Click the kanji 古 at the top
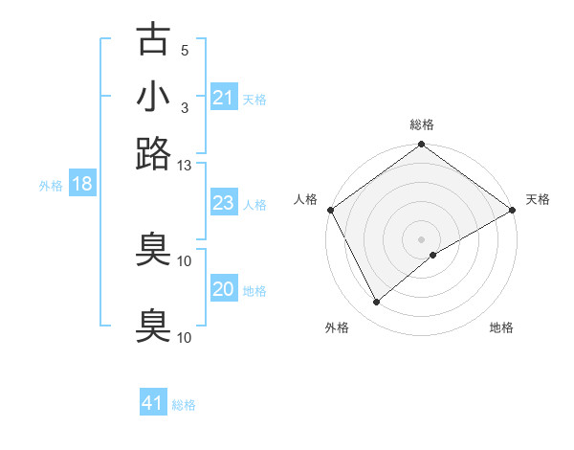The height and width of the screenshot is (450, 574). click(153, 39)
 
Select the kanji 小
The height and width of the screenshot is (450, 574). click(153, 98)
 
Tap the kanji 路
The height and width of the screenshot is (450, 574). click(153, 152)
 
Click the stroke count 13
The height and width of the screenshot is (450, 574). click(185, 166)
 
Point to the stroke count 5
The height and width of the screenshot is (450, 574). click(185, 51)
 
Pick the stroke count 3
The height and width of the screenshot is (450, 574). click(185, 108)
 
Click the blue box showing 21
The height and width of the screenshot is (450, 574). click(223, 98)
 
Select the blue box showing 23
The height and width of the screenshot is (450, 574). click(223, 203)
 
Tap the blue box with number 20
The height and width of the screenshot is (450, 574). click(223, 289)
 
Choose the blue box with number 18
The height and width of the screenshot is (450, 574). click(82, 184)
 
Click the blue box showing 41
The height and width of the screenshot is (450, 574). click(153, 403)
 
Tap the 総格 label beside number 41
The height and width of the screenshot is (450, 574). click(184, 405)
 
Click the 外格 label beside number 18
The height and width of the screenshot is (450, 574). click(51, 186)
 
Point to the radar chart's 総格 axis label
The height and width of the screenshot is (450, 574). click(422, 124)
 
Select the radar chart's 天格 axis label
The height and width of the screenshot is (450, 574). click(539, 199)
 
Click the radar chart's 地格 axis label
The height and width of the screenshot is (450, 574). click(501, 328)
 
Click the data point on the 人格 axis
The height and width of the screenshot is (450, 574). click(330, 210)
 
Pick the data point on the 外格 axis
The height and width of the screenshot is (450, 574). click(376, 303)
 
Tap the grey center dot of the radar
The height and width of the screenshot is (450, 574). click(422, 238)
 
